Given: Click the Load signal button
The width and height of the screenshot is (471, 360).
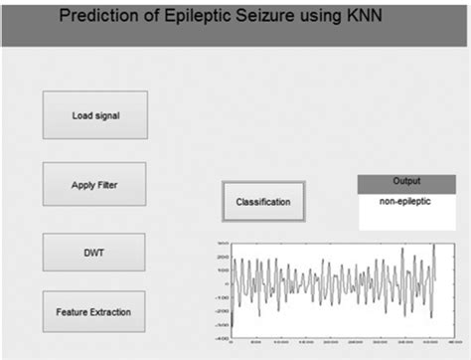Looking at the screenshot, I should coord(95,114).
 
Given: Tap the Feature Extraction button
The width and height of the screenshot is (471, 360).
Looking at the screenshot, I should coord(93,312).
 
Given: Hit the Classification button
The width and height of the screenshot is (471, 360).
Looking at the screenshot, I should coord(263,202).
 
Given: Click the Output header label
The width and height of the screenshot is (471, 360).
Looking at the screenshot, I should coord(406,181).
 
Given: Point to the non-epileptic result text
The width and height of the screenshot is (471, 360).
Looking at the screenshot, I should coord(406,201).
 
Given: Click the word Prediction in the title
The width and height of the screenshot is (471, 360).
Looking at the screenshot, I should coord(104,16).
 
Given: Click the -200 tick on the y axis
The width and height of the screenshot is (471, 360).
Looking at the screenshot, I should coord(221,309).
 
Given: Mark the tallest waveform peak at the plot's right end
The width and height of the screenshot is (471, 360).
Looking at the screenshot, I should coord(434,246).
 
